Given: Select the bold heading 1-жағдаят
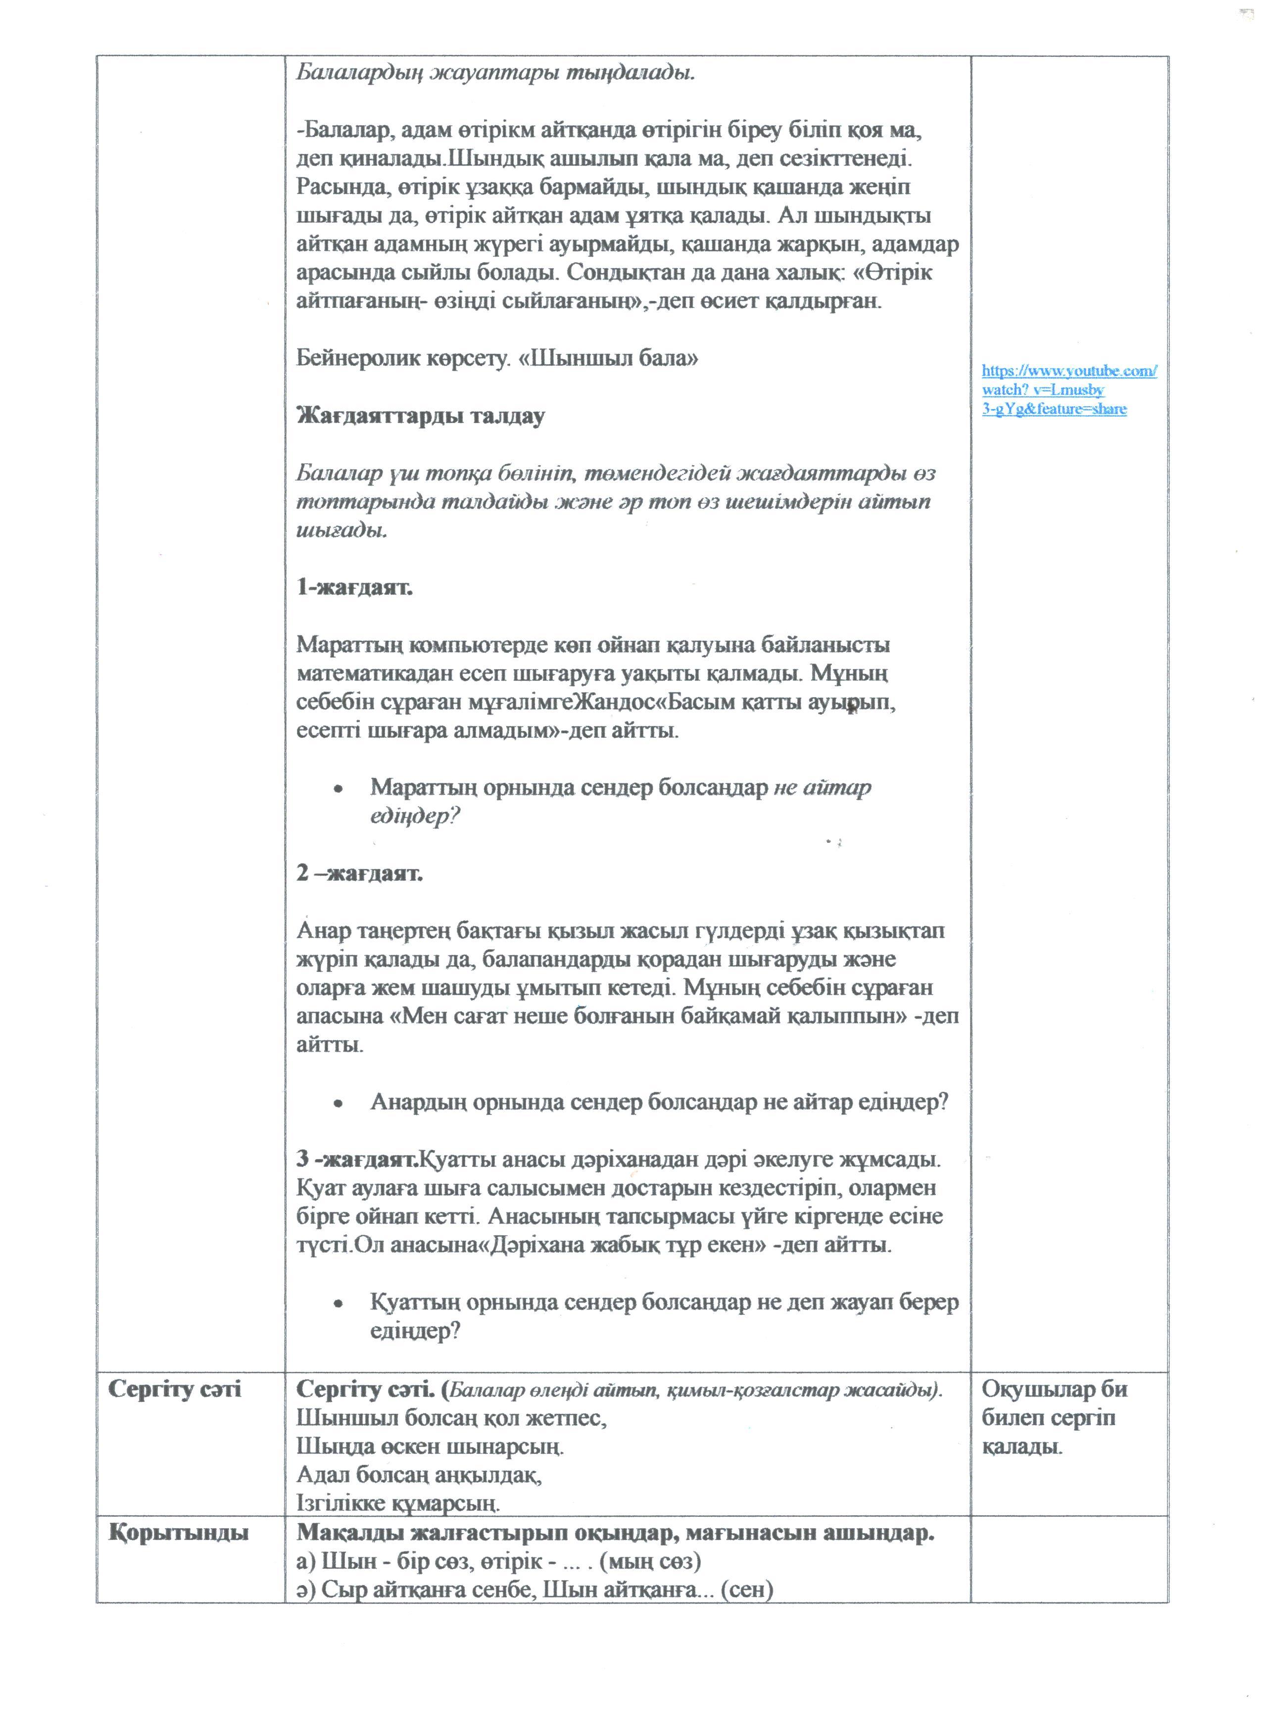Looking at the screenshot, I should point(354,588).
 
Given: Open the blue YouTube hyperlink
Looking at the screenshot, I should point(1068,389).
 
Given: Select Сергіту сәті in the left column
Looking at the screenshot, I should point(175,1389).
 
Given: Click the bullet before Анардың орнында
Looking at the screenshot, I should point(338,1104).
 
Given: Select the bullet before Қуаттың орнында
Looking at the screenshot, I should point(338,1303).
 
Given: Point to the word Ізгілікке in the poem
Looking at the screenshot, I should point(341,1504).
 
